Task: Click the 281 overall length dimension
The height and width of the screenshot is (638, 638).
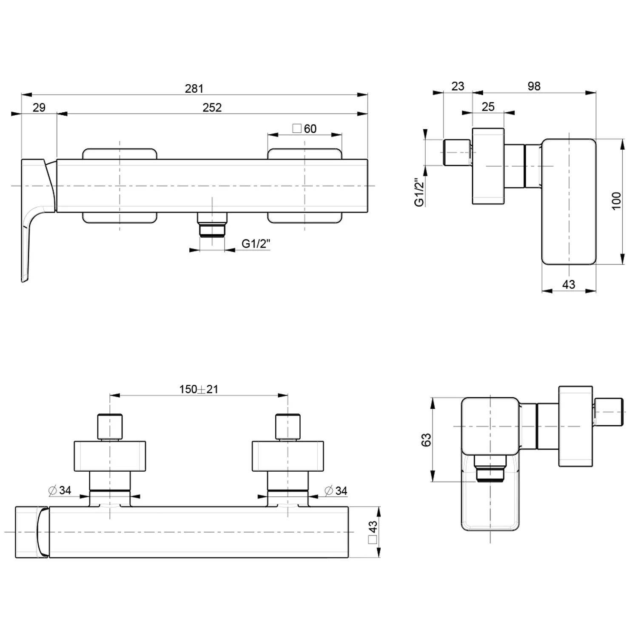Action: point(194,88)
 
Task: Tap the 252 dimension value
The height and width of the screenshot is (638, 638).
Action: point(212,108)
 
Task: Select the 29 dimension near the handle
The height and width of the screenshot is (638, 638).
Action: point(39,108)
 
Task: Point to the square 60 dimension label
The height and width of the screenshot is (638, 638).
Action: point(305,128)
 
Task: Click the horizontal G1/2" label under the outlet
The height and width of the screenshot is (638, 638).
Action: point(256,244)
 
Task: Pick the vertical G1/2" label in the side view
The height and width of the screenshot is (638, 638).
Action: point(420,192)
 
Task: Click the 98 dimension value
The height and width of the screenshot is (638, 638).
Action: point(534,86)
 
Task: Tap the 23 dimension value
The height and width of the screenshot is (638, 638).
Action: point(458,86)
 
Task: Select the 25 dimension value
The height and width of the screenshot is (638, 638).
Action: point(488,107)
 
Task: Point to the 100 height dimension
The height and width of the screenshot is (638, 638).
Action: point(616,201)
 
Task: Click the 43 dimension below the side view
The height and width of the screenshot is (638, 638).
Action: point(569,285)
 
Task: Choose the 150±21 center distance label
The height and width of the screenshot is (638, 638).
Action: point(199,389)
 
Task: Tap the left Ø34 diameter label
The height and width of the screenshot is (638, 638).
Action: point(60,490)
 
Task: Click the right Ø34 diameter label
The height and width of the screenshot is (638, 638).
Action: point(336,491)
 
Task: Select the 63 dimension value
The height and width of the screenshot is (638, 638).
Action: point(426,440)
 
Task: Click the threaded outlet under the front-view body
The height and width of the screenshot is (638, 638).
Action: point(212,224)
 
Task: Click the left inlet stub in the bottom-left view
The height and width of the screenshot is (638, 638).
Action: point(110,427)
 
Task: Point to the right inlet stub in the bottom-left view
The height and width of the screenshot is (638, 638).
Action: point(288,427)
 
